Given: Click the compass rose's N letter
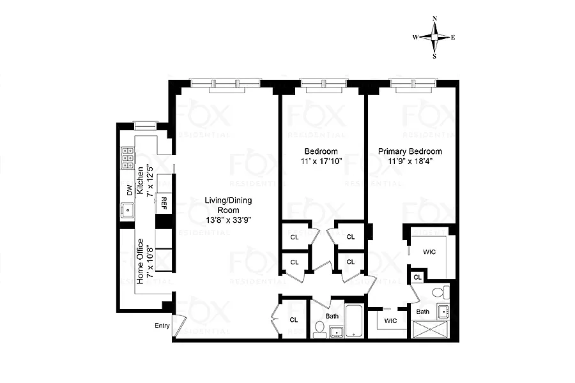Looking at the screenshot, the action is [x=435, y=19].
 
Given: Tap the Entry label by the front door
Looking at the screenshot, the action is [x=162, y=326].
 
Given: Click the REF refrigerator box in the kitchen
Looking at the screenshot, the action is [x=164, y=203].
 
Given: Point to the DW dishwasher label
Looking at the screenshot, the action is [x=129, y=190].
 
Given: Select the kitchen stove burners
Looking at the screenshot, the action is [x=128, y=158].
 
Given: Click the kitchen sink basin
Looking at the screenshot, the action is [x=128, y=211].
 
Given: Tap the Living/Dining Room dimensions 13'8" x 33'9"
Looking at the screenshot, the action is [x=229, y=220].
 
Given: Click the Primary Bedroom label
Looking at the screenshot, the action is [x=410, y=151].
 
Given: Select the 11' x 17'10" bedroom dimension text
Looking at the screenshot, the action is [x=321, y=161].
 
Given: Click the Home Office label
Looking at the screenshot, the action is [x=140, y=261].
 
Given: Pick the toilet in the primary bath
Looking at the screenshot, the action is [x=440, y=292].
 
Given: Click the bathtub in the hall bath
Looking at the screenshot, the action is [x=354, y=320].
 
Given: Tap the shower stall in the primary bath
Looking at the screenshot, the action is [x=431, y=328].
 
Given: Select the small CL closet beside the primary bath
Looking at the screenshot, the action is [x=418, y=277].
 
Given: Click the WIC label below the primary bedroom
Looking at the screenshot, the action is [x=390, y=320].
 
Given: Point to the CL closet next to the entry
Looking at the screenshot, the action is [x=294, y=320].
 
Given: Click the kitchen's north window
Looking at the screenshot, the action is [x=145, y=126].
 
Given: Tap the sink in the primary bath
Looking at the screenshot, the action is [x=443, y=312].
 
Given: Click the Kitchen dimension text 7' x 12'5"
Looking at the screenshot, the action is [x=149, y=181].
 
